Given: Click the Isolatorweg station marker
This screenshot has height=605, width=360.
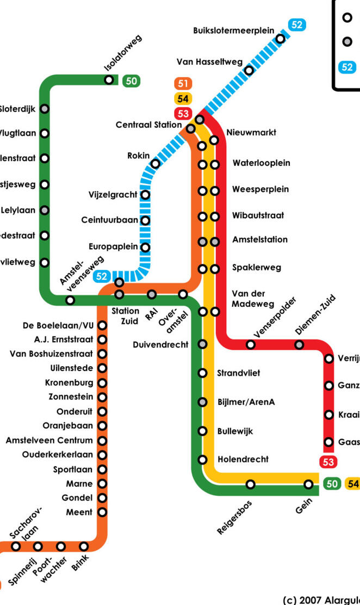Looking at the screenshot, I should [109, 80].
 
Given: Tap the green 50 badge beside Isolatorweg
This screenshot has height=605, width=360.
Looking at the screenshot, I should [131, 81].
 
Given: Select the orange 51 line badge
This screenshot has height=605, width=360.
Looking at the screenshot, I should [183, 84].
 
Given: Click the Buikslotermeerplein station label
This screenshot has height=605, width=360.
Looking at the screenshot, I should [233, 31].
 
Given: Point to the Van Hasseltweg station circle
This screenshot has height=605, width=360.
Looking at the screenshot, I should [249, 71].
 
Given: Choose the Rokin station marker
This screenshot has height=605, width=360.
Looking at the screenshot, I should [156, 164].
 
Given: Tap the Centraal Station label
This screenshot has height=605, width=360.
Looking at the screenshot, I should [148, 125].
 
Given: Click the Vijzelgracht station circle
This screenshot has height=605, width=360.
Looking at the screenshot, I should [145, 195].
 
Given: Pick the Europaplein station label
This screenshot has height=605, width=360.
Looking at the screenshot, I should [113, 246].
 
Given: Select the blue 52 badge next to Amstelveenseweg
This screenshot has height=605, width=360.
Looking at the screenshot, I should [102, 276].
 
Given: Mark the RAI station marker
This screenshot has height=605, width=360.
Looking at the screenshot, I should [152, 294].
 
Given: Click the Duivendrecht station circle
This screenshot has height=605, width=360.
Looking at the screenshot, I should [202, 344].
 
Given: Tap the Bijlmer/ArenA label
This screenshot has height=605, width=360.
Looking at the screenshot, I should [246, 402].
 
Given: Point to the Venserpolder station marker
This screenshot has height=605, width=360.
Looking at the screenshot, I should [250, 344].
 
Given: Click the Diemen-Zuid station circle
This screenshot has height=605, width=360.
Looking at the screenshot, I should [299, 344].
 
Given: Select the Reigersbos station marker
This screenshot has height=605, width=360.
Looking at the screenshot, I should [250, 484].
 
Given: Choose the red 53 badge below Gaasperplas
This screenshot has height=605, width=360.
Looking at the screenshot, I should [328, 462].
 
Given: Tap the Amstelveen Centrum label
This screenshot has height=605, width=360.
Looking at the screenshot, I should [49, 440].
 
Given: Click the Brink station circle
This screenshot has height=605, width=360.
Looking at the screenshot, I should [84, 546].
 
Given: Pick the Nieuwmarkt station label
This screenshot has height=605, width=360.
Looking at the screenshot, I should [251, 132].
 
